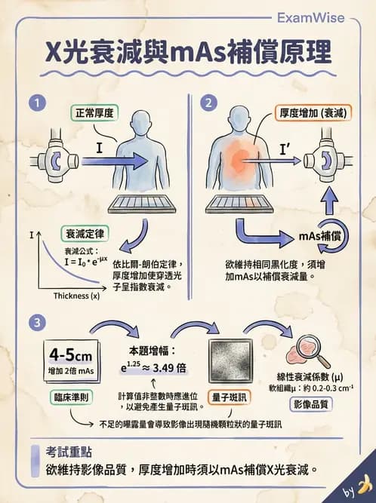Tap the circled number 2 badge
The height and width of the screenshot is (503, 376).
pyautogui.click(x=205, y=101)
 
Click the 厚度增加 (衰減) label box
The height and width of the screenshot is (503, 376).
pyautogui.click(x=312, y=113)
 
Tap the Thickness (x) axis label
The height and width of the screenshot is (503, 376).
pyautogui.click(x=76, y=296)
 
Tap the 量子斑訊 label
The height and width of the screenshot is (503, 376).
pyautogui.click(x=230, y=397)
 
